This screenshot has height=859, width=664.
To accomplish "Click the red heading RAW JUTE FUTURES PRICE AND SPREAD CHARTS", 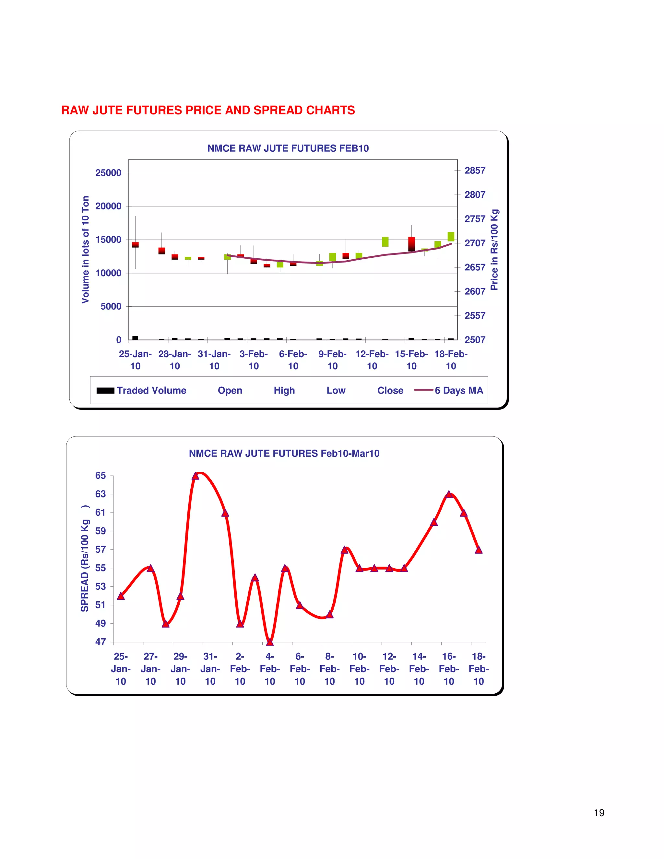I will pyautogui.click(x=208, y=110).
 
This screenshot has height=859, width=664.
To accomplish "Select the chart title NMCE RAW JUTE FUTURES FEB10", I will pyautogui.click(x=288, y=148).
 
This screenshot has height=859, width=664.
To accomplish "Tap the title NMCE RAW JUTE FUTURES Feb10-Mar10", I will pyautogui.click(x=284, y=453).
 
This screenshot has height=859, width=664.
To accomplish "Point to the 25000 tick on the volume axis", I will pyautogui.click(x=108, y=173).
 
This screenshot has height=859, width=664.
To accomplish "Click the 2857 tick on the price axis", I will pyautogui.click(x=475, y=170).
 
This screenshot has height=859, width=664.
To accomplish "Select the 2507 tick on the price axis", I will pyautogui.click(x=475, y=339).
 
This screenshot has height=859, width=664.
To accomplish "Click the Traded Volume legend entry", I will pyautogui.click(x=151, y=391).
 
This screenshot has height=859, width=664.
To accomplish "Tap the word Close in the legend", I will pyautogui.click(x=390, y=391).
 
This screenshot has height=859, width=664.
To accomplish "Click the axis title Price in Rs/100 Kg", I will pyautogui.click(x=494, y=250).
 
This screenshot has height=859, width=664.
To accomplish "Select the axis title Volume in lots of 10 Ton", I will pyautogui.click(x=85, y=250).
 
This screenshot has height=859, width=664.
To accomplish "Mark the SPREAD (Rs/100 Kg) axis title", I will pyautogui.click(x=85, y=559).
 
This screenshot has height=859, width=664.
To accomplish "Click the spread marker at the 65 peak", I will pyautogui.click(x=196, y=476).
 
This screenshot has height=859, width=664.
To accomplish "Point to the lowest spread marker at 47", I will pyautogui.click(x=270, y=642).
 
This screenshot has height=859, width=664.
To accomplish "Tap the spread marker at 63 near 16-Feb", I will pyautogui.click(x=449, y=494).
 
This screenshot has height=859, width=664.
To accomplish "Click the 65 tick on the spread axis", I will pyautogui.click(x=101, y=476).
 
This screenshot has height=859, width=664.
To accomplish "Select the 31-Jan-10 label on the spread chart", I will pyautogui.click(x=210, y=669).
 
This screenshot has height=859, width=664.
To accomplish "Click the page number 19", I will pyautogui.click(x=599, y=813).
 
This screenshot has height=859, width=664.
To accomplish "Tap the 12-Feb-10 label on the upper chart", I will pyautogui.click(x=372, y=360).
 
